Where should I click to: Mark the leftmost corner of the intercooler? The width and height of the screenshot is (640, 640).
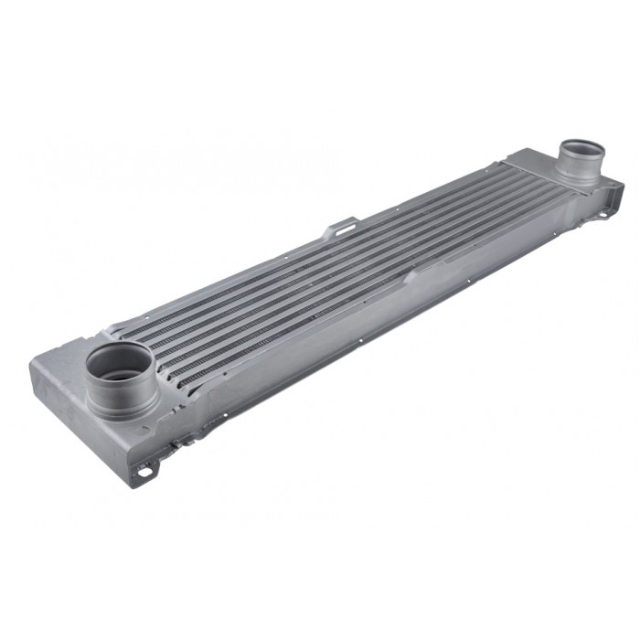click(x=34, y=364)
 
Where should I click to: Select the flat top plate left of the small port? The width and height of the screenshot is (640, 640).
click(x=535, y=164)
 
